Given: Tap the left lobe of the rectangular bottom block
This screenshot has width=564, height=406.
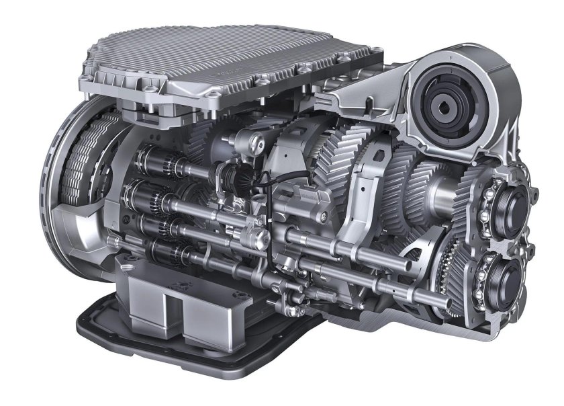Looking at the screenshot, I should pyautogui.click(x=145, y=299).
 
